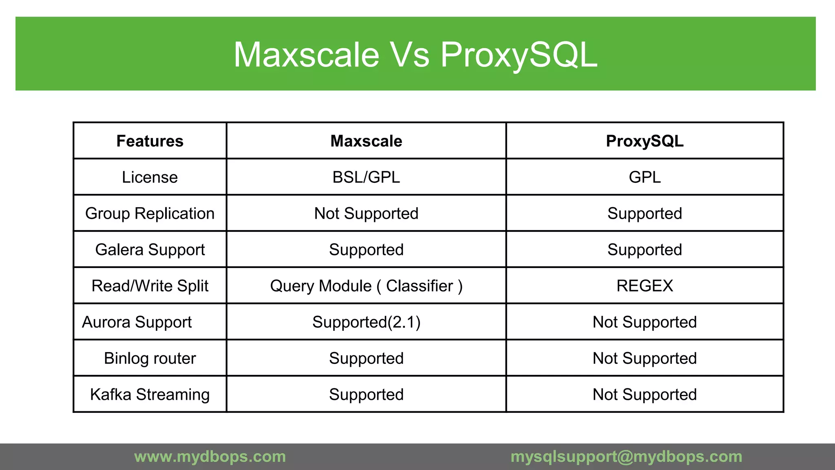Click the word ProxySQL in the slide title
click(x=519, y=55)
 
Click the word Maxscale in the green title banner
click(x=307, y=55)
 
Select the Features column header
click(x=150, y=141)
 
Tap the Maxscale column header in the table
click(x=366, y=141)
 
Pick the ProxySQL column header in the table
click(x=645, y=141)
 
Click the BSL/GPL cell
click(x=366, y=177)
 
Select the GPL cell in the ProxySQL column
click(x=645, y=177)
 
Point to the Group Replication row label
click(x=150, y=214)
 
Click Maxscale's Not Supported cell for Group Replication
click(x=366, y=214)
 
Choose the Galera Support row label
click(x=150, y=250)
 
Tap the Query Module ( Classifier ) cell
click(x=366, y=286)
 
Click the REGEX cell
click(x=645, y=286)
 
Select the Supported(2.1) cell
click(x=366, y=322)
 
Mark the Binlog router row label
click(x=150, y=359)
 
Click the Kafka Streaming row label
click(x=150, y=395)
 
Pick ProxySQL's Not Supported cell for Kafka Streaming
click(x=645, y=395)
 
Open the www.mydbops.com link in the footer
click(x=210, y=457)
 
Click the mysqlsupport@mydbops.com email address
click(x=626, y=457)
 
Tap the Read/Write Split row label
click(x=150, y=286)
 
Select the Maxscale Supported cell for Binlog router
click(x=366, y=359)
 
